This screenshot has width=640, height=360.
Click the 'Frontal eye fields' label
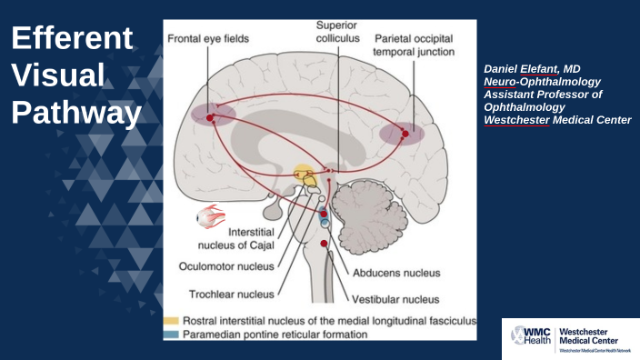208,39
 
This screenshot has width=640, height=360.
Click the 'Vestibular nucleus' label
396,298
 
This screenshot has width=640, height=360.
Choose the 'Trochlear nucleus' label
231,294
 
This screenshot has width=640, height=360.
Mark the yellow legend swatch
171,321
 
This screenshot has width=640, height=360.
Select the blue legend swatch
171,335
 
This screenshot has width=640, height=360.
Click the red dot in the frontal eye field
210,118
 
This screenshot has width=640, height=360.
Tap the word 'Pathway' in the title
76,113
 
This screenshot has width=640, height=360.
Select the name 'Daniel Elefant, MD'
533,68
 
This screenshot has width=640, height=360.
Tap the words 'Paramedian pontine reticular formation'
275,335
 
